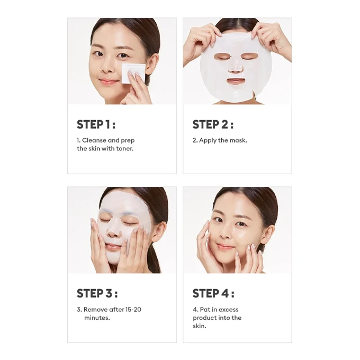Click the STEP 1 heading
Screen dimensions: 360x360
pos(96,124)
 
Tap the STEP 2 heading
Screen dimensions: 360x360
pos(213,124)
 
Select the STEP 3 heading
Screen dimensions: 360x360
pos(97,293)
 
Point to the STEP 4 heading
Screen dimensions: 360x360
pos(213,293)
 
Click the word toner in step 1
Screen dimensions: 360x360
pos(124,149)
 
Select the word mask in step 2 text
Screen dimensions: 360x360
pos(238,140)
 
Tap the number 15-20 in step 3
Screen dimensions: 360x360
pos(133,310)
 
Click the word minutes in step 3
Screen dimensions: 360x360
pos(97,318)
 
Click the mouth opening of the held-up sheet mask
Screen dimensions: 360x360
pos(236,81)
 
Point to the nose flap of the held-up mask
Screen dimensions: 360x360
pos(236,67)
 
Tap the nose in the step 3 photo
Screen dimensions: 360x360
pos(113,231)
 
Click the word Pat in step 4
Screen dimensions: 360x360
pos(204,310)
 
